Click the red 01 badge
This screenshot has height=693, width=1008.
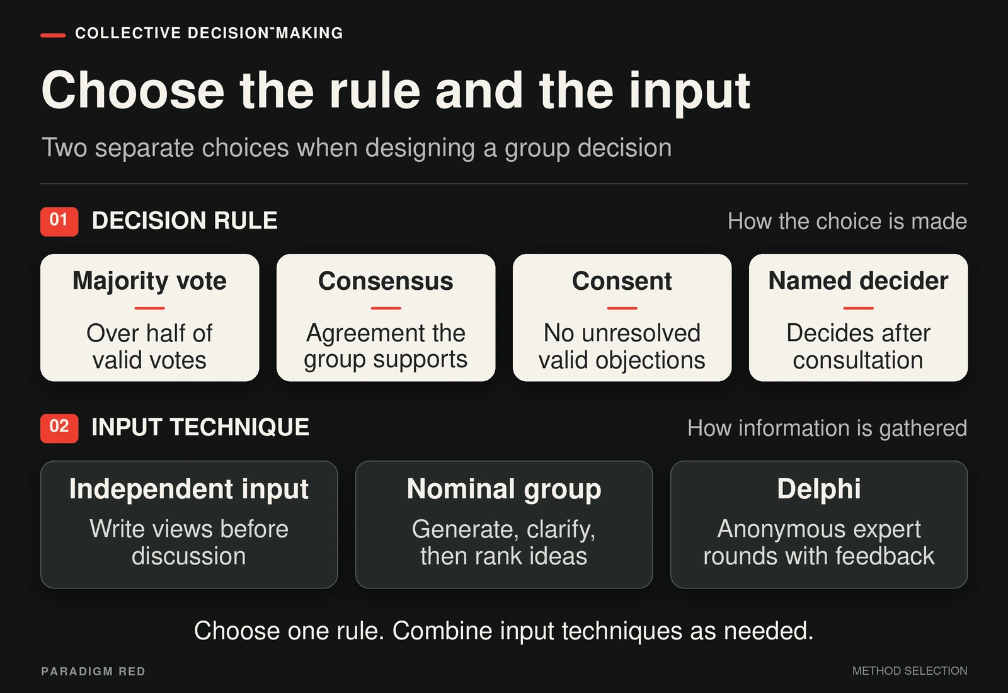(x=59, y=221)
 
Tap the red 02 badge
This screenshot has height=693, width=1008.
(x=59, y=428)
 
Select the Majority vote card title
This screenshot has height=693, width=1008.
(x=149, y=281)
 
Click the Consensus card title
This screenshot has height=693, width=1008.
(x=386, y=281)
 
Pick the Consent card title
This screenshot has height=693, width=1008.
(x=622, y=281)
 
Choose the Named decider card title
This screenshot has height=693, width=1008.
(x=858, y=281)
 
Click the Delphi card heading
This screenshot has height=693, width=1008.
(x=819, y=489)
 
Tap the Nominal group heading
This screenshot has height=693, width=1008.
(x=504, y=490)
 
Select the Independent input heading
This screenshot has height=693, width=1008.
(x=189, y=490)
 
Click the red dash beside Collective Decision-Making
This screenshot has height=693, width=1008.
(x=53, y=35)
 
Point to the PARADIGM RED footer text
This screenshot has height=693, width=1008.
(x=93, y=672)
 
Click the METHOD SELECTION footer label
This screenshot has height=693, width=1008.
(x=910, y=671)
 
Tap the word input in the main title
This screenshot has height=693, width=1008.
(x=690, y=93)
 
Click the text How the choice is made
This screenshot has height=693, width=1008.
(x=847, y=221)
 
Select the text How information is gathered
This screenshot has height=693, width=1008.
(x=827, y=428)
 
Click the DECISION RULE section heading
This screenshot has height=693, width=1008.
(x=185, y=220)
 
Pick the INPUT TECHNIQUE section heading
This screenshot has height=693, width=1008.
(x=200, y=427)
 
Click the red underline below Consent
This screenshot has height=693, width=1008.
(x=622, y=308)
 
